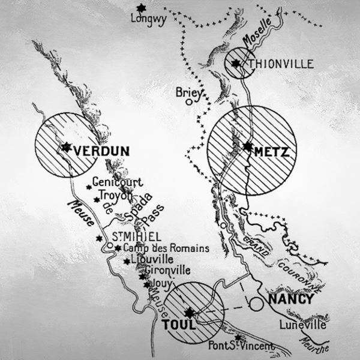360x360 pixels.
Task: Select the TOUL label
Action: (175, 326)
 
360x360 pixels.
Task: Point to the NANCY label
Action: (291, 299)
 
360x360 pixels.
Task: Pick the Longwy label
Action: (147, 18)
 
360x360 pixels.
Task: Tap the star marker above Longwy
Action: (141, 7)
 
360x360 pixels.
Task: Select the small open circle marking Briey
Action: (188, 102)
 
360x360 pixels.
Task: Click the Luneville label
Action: (303, 325)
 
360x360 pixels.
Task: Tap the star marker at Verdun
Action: (65, 147)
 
